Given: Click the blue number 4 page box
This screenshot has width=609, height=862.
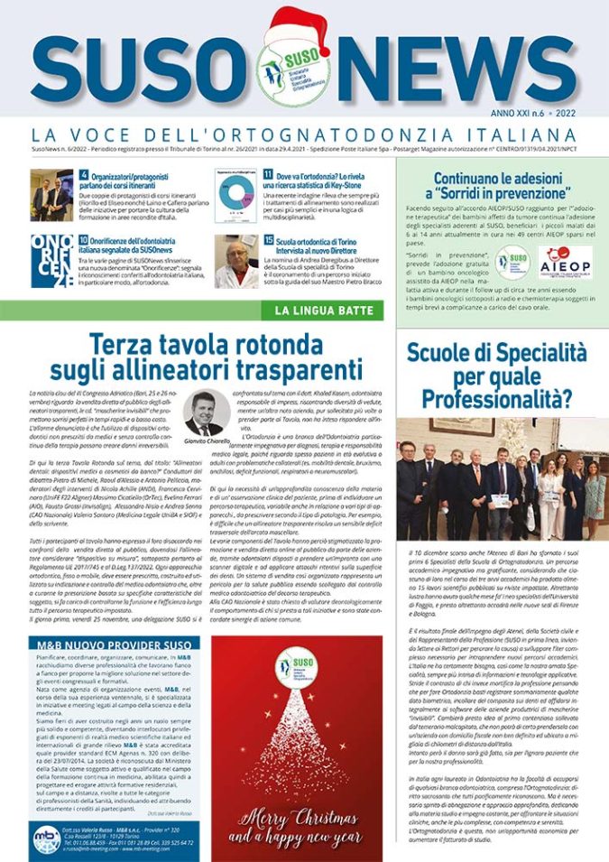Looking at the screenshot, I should tap(83, 175).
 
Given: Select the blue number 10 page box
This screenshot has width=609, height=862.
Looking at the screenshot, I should tap(83, 240).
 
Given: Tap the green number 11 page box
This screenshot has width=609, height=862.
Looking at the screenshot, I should tap(268, 175).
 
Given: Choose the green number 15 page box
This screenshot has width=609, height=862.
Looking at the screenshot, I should tap(268, 240).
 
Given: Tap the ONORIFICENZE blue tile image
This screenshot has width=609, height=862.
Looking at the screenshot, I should tap(51, 260).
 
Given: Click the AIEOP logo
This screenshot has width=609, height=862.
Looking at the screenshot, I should tap(566, 262).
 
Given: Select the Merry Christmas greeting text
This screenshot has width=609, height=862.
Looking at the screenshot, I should tap(297, 827).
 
